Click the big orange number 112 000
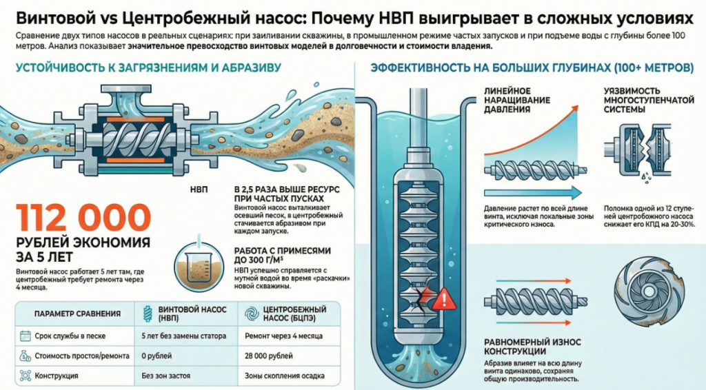[83, 217]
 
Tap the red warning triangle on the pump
[444, 299]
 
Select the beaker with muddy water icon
[199, 267]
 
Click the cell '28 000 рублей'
[269, 356]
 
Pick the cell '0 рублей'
[157, 356]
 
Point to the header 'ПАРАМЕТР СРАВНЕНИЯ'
[77, 314]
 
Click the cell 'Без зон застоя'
[165, 376]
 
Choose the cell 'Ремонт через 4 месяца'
[283, 336]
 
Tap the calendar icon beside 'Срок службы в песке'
[26, 336]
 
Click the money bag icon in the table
[26, 356]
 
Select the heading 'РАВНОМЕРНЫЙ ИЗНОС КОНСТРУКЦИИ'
[532, 347]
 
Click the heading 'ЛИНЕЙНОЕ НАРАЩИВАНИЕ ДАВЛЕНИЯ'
[517, 100]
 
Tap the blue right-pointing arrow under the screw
[533, 194]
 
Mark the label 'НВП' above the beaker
[199, 189]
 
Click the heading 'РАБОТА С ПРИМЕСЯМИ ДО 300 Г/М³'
[282, 255]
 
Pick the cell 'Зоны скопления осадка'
[285, 376]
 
